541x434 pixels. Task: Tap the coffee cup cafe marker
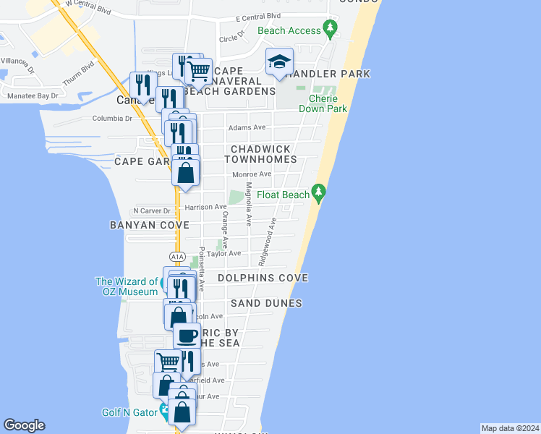[187, 336]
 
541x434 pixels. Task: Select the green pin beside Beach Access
[331, 30]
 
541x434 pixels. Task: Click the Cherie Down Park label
[328, 103]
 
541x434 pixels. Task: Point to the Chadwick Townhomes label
[260, 153]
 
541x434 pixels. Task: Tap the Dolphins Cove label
[262, 278]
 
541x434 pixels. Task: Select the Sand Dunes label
[266, 303]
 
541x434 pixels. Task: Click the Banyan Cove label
[144, 225]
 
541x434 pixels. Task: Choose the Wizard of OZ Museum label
[127, 286]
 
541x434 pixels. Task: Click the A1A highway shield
[178, 257]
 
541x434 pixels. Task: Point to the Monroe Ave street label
[252, 174]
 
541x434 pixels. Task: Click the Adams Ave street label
[247, 127]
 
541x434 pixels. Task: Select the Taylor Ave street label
[224, 254]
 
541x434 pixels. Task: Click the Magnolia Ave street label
[249, 205]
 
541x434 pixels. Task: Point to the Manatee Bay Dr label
[33, 95]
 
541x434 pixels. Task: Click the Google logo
[24, 425]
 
